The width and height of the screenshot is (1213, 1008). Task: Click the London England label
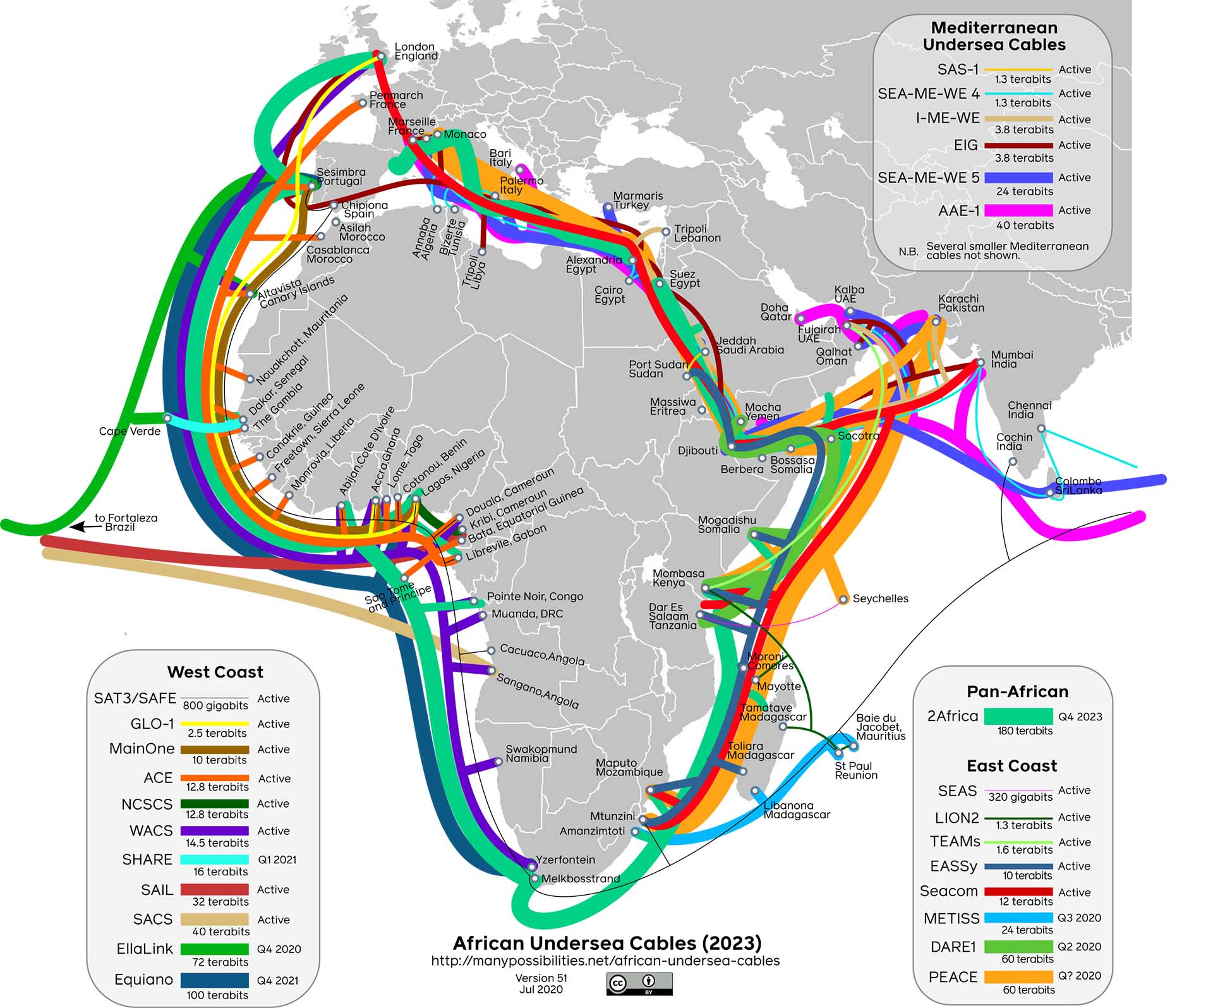[x=415, y=51]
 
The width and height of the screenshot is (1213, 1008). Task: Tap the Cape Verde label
[x=130, y=431]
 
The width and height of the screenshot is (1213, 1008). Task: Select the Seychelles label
[x=880, y=598]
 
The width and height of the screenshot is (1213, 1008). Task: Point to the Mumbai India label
[x=1011, y=359]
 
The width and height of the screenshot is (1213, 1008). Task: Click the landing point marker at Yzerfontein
[x=532, y=861]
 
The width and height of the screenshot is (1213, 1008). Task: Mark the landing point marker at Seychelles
[x=843, y=599]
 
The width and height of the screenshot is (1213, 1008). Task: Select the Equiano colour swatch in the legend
[x=214, y=980]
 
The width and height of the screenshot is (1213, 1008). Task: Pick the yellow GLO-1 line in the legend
[x=214, y=723]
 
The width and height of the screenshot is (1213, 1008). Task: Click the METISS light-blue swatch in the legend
[x=1018, y=918]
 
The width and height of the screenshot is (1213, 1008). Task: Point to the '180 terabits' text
[x=1025, y=731]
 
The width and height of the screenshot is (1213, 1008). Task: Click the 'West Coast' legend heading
[x=215, y=672]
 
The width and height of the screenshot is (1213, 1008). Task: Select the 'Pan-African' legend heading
[x=1017, y=691]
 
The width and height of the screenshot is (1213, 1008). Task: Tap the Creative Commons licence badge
[x=639, y=983]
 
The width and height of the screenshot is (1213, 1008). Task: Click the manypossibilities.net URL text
[x=605, y=961]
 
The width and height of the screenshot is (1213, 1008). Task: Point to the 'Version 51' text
[x=541, y=978]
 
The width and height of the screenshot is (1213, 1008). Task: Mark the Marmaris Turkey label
[x=637, y=200]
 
